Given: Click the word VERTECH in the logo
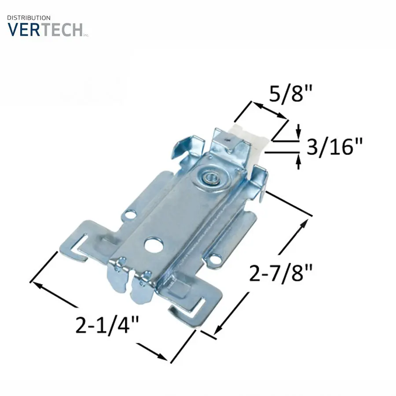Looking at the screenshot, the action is pyautogui.click(x=45, y=29).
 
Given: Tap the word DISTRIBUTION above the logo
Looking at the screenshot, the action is pyautogui.click(x=29, y=18).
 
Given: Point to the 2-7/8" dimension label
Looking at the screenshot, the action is pyautogui.click(x=281, y=272).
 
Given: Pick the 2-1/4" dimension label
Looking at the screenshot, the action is pyautogui.click(x=107, y=325).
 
